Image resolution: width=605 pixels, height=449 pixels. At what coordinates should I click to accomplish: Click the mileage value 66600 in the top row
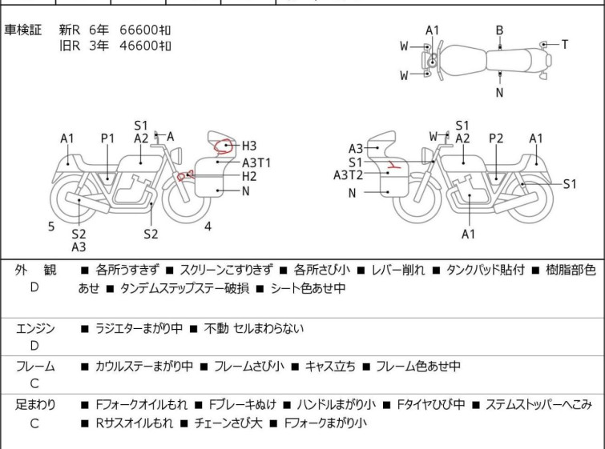click(x=139, y=30)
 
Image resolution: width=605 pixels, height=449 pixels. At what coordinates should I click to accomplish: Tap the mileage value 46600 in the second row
click(x=139, y=46)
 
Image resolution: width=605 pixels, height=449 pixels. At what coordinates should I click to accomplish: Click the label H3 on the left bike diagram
click(x=249, y=146)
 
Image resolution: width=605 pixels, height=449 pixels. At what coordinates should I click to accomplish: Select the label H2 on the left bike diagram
click(x=249, y=176)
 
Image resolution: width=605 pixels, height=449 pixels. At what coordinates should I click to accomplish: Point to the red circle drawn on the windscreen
click(x=223, y=146)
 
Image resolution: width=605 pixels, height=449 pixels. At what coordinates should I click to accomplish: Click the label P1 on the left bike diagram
click(x=107, y=138)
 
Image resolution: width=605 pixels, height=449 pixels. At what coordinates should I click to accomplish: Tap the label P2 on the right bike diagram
click(x=496, y=138)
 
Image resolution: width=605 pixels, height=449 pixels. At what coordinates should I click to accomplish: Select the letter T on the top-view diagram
click(x=564, y=45)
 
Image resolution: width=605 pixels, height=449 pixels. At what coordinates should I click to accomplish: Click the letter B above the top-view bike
click(x=499, y=30)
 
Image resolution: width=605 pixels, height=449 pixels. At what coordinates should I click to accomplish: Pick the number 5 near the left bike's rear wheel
click(x=51, y=227)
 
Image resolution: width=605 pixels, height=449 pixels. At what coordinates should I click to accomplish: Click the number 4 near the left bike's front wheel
click(x=208, y=227)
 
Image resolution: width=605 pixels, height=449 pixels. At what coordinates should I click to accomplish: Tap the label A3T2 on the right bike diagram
click(x=348, y=175)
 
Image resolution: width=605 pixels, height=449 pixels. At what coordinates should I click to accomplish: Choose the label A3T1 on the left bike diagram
click(x=256, y=163)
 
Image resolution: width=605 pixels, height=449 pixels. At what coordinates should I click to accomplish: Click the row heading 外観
click(x=35, y=271)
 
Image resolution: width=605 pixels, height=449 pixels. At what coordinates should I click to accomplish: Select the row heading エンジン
click(x=35, y=329)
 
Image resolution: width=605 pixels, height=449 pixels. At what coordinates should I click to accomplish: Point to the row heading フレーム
click(x=35, y=366)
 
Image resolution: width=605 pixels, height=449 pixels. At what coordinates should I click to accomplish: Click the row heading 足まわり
click(x=35, y=405)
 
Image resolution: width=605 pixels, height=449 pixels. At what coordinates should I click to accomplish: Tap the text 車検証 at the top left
click(x=22, y=30)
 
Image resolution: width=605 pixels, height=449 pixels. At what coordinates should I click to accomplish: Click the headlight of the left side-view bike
click(x=177, y=156)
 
